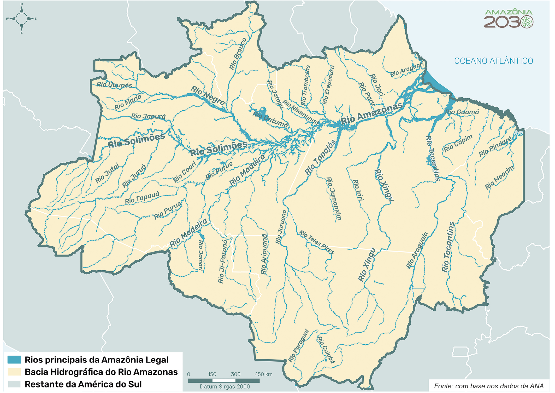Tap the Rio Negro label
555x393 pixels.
coord(208,96)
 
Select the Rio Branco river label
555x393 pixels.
coord(238,54)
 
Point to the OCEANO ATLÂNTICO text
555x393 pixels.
coord(493,61)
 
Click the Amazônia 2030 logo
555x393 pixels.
coord(508,19)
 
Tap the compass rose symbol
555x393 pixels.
coord(22,19)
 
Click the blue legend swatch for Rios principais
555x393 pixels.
coord(14,360)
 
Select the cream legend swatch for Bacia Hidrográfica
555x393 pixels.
coord(14,372)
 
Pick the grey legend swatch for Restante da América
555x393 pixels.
coord(14,384)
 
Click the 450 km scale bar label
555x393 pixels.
coord(263,374)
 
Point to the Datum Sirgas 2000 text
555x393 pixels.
coord(225,386)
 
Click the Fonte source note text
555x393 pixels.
coord(489,386)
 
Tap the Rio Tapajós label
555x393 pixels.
coord(320,157)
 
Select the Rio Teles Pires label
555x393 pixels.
coord(316,242)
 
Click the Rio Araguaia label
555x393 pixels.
coord(417,250)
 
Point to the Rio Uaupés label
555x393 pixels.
coord(114,85)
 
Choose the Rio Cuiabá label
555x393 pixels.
coord(326,350)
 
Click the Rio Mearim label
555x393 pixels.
coord(499,178)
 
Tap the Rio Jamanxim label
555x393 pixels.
coord(334,199)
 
